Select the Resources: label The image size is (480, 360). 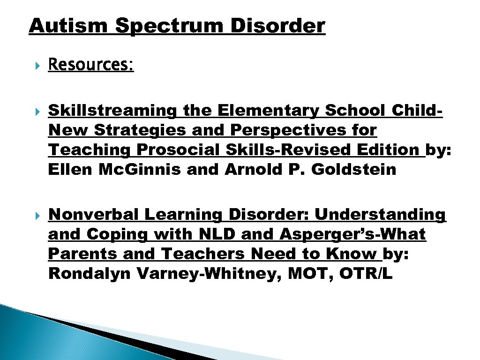point(91,65)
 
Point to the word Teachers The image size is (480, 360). point(204,254)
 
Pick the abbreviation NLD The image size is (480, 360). point(225,234)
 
